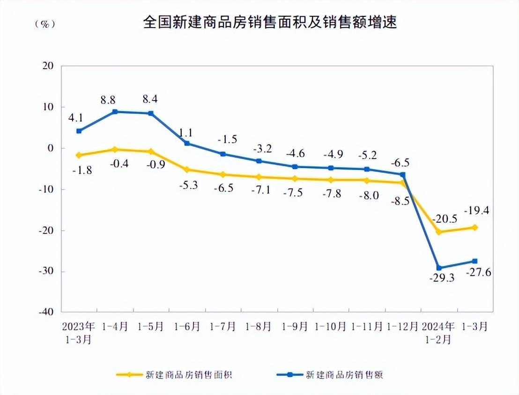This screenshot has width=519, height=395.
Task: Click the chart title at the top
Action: [x=270, y=22]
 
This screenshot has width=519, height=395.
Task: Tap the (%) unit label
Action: [x=45, y=24]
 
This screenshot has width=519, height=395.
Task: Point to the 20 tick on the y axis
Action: [x=49, y=66]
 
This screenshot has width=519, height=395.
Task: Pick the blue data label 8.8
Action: [x=108, y=100]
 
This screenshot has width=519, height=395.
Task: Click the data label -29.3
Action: [x=441, y=278]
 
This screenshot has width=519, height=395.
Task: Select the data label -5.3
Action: [x=187, y=185]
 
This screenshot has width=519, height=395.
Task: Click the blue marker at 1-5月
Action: [x=151, y=113]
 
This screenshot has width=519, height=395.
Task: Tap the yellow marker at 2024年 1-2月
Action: [x=439, y=232]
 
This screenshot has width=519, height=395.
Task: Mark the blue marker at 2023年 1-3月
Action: [x=79, y=131]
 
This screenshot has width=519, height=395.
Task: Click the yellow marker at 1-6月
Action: [x=187, y=170]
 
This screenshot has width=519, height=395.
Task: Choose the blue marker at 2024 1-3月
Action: [x=475, y=261]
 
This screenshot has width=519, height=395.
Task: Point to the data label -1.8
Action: [x=82, y=170]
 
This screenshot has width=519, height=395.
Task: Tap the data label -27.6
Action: [x=478, y=272]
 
